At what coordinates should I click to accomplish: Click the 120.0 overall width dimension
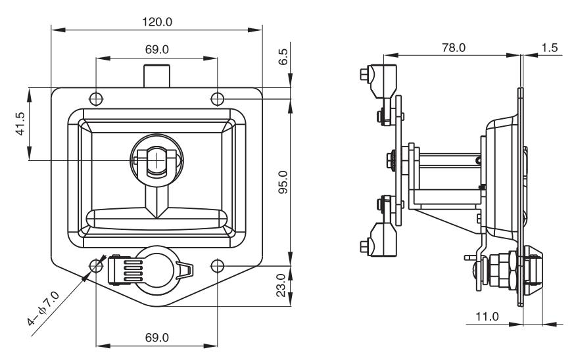click(x=156, y=22)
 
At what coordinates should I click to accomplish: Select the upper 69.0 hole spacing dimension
click(x=156, y=50)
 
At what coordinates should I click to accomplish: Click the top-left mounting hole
click(x=97, y=99)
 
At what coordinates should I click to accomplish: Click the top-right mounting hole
click(x=218, y=99)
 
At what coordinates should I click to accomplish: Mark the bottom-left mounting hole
click(x=97, y=265)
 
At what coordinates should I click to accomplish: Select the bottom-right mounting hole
click(x=218, y=265)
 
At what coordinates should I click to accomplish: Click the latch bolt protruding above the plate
click(x=156, y=76)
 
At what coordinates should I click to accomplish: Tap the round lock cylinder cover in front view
click(x=156, y=269)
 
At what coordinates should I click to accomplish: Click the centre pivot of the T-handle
click(x=156, y=160)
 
